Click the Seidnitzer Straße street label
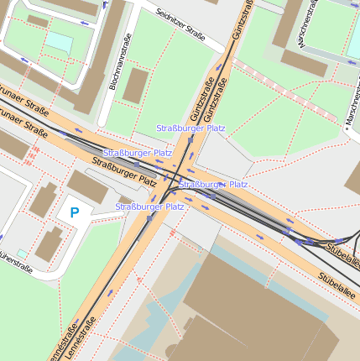[180, 24]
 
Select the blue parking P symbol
[74, 213]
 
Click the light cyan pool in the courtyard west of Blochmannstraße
[59, 41]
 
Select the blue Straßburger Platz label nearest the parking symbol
[149, 207]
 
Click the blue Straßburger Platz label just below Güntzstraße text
[190, 128]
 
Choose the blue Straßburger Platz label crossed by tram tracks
[214, 184]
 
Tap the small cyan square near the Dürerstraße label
[22, 253]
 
